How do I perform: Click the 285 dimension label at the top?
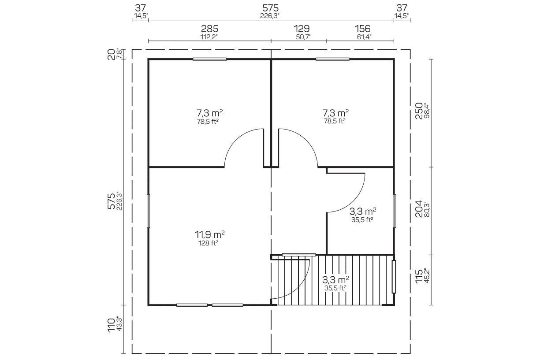point(209,29)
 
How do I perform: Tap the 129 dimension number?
point(302,29)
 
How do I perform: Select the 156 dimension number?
point(362,29)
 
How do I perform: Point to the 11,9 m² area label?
point(209,234)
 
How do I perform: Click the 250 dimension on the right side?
point(419,111)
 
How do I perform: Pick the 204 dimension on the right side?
point(419,209)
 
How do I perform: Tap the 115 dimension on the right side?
point(419,276)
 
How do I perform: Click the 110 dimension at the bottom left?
point(111,325)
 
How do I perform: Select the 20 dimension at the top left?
point(111,55)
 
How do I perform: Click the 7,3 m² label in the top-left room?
point(209,113)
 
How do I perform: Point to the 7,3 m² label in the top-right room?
point(335,112)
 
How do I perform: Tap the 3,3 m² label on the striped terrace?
point(335,280)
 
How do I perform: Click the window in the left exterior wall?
point(148,211)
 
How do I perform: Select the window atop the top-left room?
point(209,59)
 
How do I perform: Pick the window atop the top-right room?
point(333,59)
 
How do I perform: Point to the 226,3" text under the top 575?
point(270,16)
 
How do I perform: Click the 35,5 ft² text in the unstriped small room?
point(362,220)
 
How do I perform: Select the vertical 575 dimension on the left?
point(111,201)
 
